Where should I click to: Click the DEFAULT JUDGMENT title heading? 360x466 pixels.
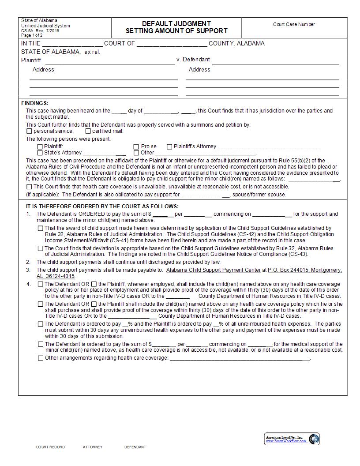pyautogui.click(x=176, y=23)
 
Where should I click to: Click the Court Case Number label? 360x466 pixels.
pyautogui.click(x=294, y=25)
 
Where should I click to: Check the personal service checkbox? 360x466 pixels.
pyautogui.click(x=30, y=131)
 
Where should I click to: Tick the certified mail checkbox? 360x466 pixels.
pyautogui.click(x=88, y=131)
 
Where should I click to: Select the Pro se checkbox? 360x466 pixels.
pyautogui.click(x=136, y=147)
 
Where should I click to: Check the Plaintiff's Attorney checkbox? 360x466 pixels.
pyautogui.click(x=169, y=147)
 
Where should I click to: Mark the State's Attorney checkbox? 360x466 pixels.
pyautogui.click(x=40, y=153)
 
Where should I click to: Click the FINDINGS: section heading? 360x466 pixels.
pyautogui.click(x=35, y=103)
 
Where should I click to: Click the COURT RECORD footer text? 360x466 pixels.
pyautogui.click(x=50, y=447)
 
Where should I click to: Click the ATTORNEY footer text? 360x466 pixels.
pyautogui.click(x=93, y=447)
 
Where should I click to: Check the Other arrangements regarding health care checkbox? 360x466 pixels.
pyautogui.click(x=41, y=358)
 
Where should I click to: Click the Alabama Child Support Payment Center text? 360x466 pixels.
pyautogui.click(x=213, y=270)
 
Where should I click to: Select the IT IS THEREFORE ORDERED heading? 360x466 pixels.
pyautogui.click(x=102, y=206)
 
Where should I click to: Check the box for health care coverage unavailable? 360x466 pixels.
pyautogui.click(x=30, y=187)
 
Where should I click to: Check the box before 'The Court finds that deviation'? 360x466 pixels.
pyautogui.click(x=41, y=248)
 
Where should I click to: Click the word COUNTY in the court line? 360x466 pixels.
pyautogui.click(x=222, y=43)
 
